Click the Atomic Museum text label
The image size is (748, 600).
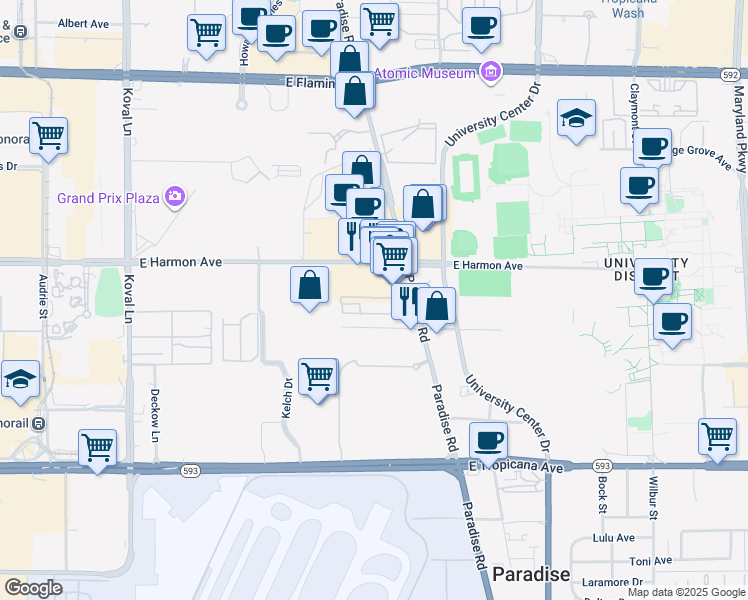427,72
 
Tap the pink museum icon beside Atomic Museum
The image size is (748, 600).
490,71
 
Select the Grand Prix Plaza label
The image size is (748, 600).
109,198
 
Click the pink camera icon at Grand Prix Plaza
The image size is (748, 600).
176,196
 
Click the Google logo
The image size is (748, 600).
33,588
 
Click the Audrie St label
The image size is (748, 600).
43,297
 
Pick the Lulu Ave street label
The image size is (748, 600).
614,537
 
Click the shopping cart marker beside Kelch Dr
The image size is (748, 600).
318,377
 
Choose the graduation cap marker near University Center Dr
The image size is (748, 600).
576,118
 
